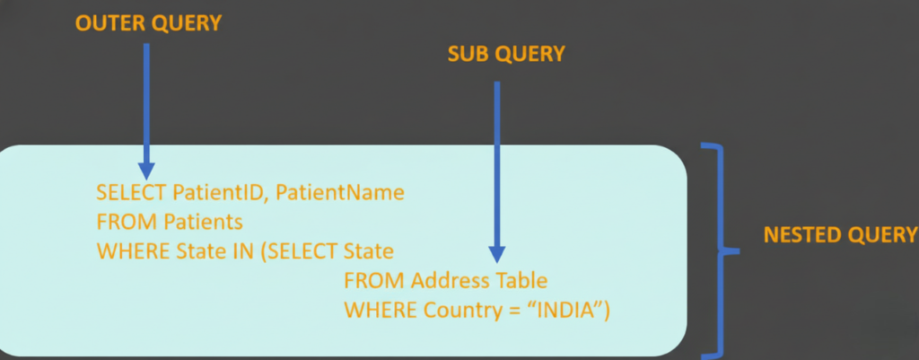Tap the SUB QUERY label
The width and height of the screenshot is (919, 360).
click(x=506, y=55)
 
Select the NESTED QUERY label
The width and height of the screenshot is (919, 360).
click(x=840, y=235)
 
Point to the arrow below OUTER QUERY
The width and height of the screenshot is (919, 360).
click(x=146, y=108)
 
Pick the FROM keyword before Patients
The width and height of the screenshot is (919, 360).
click(x=118, y=220)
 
